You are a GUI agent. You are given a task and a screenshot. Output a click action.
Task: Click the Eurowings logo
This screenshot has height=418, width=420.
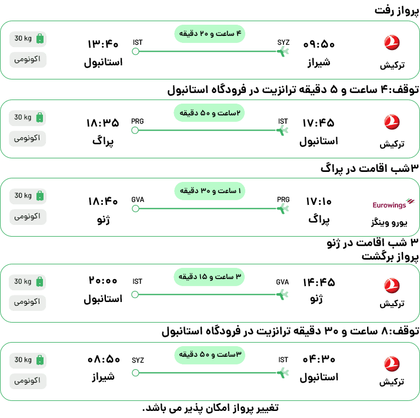tap(393, 204)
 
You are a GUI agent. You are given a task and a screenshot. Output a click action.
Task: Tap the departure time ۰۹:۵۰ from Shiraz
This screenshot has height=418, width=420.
tap(319, 44)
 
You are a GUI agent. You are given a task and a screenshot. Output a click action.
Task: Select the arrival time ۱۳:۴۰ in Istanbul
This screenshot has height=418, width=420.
tap(103, 44)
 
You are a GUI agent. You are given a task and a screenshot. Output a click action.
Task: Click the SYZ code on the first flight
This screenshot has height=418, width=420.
tap(284, 42)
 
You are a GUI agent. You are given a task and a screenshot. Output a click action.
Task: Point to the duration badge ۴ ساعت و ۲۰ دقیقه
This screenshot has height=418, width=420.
tap(210, 34)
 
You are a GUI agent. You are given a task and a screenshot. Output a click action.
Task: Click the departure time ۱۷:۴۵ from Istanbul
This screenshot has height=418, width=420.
tap(318, 123)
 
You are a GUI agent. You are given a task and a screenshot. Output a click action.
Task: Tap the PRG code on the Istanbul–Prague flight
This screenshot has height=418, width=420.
tap(138, 121)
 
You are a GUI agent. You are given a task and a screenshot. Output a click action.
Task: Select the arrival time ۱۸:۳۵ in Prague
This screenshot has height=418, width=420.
tap(102, 123)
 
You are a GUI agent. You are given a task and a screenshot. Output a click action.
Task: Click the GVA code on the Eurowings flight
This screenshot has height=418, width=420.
tap(138, 200)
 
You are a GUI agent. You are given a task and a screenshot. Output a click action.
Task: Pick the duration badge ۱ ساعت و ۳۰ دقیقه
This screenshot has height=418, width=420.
tap(210, 191)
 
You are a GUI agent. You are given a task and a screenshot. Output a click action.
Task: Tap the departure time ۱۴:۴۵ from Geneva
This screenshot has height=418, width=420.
tap(319, 283)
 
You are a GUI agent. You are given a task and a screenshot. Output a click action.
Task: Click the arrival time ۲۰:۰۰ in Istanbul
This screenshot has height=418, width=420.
tap(103, 281)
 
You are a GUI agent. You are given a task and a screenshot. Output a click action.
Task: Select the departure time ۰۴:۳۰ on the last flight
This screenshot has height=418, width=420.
tap(319, 359)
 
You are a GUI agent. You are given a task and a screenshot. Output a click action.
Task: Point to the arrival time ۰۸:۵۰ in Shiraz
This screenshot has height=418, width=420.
tap(104, 359)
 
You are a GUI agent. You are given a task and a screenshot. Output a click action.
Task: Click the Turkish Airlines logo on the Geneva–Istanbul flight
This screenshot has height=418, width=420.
tap(392, 286)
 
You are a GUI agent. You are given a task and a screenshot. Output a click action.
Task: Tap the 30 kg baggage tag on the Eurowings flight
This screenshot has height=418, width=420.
tap(28, 195)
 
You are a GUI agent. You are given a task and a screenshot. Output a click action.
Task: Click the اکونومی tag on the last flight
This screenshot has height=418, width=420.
tap(28, 381)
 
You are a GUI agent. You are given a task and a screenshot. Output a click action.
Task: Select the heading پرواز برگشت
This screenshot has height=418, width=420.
tap(390, 257)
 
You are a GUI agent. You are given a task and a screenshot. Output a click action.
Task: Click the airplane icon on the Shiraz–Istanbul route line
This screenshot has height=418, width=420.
tap(282, 51)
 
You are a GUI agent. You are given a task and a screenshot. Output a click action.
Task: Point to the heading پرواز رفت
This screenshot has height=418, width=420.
tap(396, 11)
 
